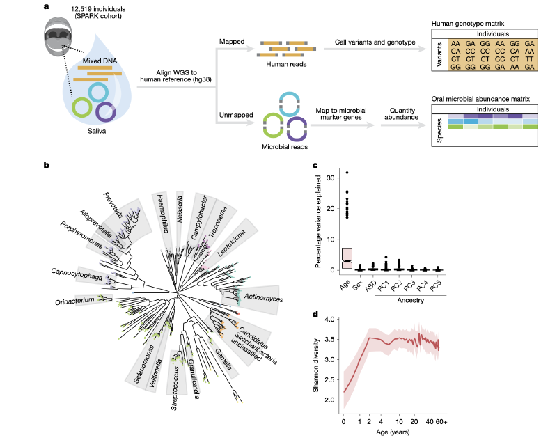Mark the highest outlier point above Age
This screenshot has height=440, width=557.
tap(347, 173)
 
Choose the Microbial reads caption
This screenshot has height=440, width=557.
tap(285, 147)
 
